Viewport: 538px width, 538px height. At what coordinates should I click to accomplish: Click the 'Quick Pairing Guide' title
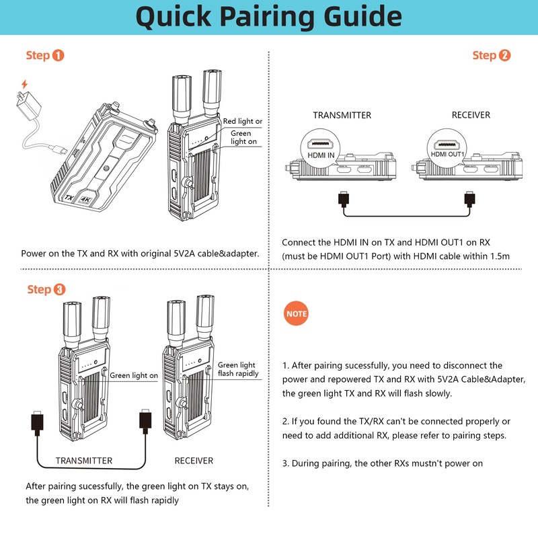[x=269, y=17]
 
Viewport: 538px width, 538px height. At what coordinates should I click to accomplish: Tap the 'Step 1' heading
[x=45, y=55]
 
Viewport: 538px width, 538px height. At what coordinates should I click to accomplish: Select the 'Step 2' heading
[x=492, y=55]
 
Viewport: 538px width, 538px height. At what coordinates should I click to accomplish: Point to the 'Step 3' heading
[x=46, y=289]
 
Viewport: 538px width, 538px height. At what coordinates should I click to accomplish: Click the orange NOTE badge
[x=297, y=314]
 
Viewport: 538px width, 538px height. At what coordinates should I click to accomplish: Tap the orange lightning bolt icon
[x=25, y=85]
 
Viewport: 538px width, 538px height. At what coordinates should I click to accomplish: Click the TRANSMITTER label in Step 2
[x=342, y=115]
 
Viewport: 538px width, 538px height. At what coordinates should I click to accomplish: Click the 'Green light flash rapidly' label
[x=238, y=369]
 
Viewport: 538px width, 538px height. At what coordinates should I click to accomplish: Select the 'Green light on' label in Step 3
[x=134, y=376]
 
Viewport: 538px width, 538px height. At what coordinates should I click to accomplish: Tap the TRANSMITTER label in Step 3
[x=83, y=461]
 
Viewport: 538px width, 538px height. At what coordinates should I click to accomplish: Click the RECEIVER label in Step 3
[x=194, y=461]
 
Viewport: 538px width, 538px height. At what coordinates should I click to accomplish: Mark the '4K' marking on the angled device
[x=85, y=200]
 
